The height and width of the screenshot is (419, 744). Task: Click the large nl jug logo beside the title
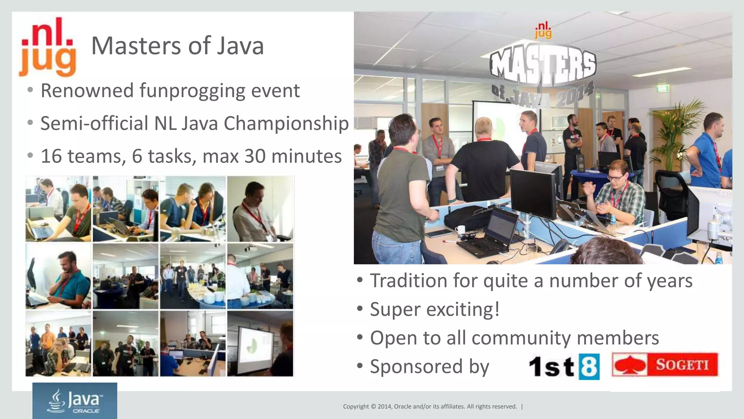[48, 47]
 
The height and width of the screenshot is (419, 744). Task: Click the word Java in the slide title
[240, 46]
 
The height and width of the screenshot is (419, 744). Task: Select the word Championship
[286, 124]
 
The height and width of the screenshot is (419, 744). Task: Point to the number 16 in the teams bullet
[51, 156]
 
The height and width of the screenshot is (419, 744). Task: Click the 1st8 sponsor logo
[564, 366]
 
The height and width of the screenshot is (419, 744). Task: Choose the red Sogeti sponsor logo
[665, 364]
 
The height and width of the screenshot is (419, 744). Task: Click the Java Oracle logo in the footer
[75, 401]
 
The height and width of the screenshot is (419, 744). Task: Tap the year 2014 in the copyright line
[385, 407]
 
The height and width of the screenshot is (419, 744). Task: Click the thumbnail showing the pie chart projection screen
[260, 343]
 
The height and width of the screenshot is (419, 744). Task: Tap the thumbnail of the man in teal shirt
[58, 276]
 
